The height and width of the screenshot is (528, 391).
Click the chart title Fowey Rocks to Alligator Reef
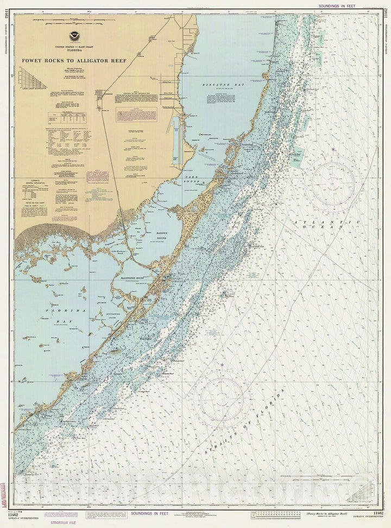click(74, 61)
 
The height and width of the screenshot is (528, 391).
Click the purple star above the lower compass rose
click(222, 364)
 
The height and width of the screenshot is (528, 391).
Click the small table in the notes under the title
click(60, 117)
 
